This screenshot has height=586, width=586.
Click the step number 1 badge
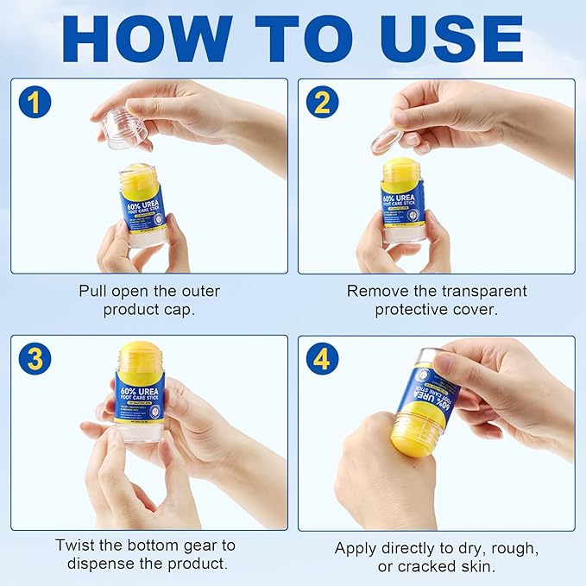click(x=34, y=103)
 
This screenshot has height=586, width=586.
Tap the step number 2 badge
click(x=321, y=103)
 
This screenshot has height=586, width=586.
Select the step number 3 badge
click(x=34, y=358)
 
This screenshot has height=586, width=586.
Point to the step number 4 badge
click(x=321, y=358)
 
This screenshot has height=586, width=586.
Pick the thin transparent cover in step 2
click(x=387, y=141)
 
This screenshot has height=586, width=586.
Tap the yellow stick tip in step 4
click(x=413, y=436)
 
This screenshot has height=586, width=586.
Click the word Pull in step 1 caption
click(x=94, y=291)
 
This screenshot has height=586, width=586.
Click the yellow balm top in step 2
click(x=402, y=169)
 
